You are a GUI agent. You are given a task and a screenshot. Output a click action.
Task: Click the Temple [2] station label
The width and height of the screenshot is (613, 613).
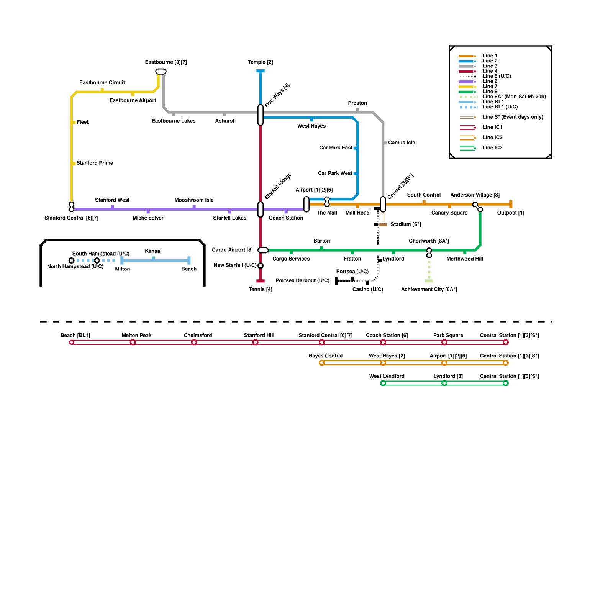point(260,62)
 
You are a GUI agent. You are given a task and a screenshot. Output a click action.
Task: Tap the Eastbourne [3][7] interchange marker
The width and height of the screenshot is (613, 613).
point(161,72)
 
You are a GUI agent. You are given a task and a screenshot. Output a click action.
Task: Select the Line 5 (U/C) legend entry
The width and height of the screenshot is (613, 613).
point(497,76)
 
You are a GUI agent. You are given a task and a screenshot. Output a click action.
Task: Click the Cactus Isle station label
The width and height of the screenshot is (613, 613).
point(401,143)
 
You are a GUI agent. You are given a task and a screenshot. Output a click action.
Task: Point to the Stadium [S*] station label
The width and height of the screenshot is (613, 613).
point(405,225)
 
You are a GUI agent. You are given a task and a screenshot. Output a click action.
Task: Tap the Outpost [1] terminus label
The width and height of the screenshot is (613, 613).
point(510,213)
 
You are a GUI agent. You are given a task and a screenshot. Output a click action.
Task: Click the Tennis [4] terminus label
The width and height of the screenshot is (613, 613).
point(261,290)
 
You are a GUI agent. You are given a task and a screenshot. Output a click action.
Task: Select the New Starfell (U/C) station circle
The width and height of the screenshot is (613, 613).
point(261,266)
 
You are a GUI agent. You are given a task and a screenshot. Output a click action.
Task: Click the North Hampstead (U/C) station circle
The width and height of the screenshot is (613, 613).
point(72,261)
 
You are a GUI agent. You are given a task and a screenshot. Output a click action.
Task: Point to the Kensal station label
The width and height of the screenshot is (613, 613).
point(153,251)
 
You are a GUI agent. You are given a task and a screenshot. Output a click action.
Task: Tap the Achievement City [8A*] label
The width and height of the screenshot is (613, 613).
point(429,290)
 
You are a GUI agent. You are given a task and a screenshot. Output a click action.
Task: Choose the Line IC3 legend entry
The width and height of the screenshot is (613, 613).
point(492,148)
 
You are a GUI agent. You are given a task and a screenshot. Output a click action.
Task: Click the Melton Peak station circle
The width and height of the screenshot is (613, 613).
point(133,343)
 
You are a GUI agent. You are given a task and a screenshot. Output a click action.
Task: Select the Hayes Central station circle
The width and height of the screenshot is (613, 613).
point(322,363)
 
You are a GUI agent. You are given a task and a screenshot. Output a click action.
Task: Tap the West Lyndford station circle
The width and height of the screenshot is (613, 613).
point(383,383)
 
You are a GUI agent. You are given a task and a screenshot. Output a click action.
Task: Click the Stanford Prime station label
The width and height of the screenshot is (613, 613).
point(95,163)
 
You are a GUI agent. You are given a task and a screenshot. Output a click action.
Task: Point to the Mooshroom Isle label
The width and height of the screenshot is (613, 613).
point(194,200)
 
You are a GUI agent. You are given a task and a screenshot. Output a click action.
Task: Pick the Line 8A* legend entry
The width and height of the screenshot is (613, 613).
point(514,97)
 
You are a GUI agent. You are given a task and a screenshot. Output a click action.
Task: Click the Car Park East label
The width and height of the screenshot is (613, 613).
point(336,148)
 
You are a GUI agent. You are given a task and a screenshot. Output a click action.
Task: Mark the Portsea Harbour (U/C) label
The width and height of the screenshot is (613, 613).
point(302,281)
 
